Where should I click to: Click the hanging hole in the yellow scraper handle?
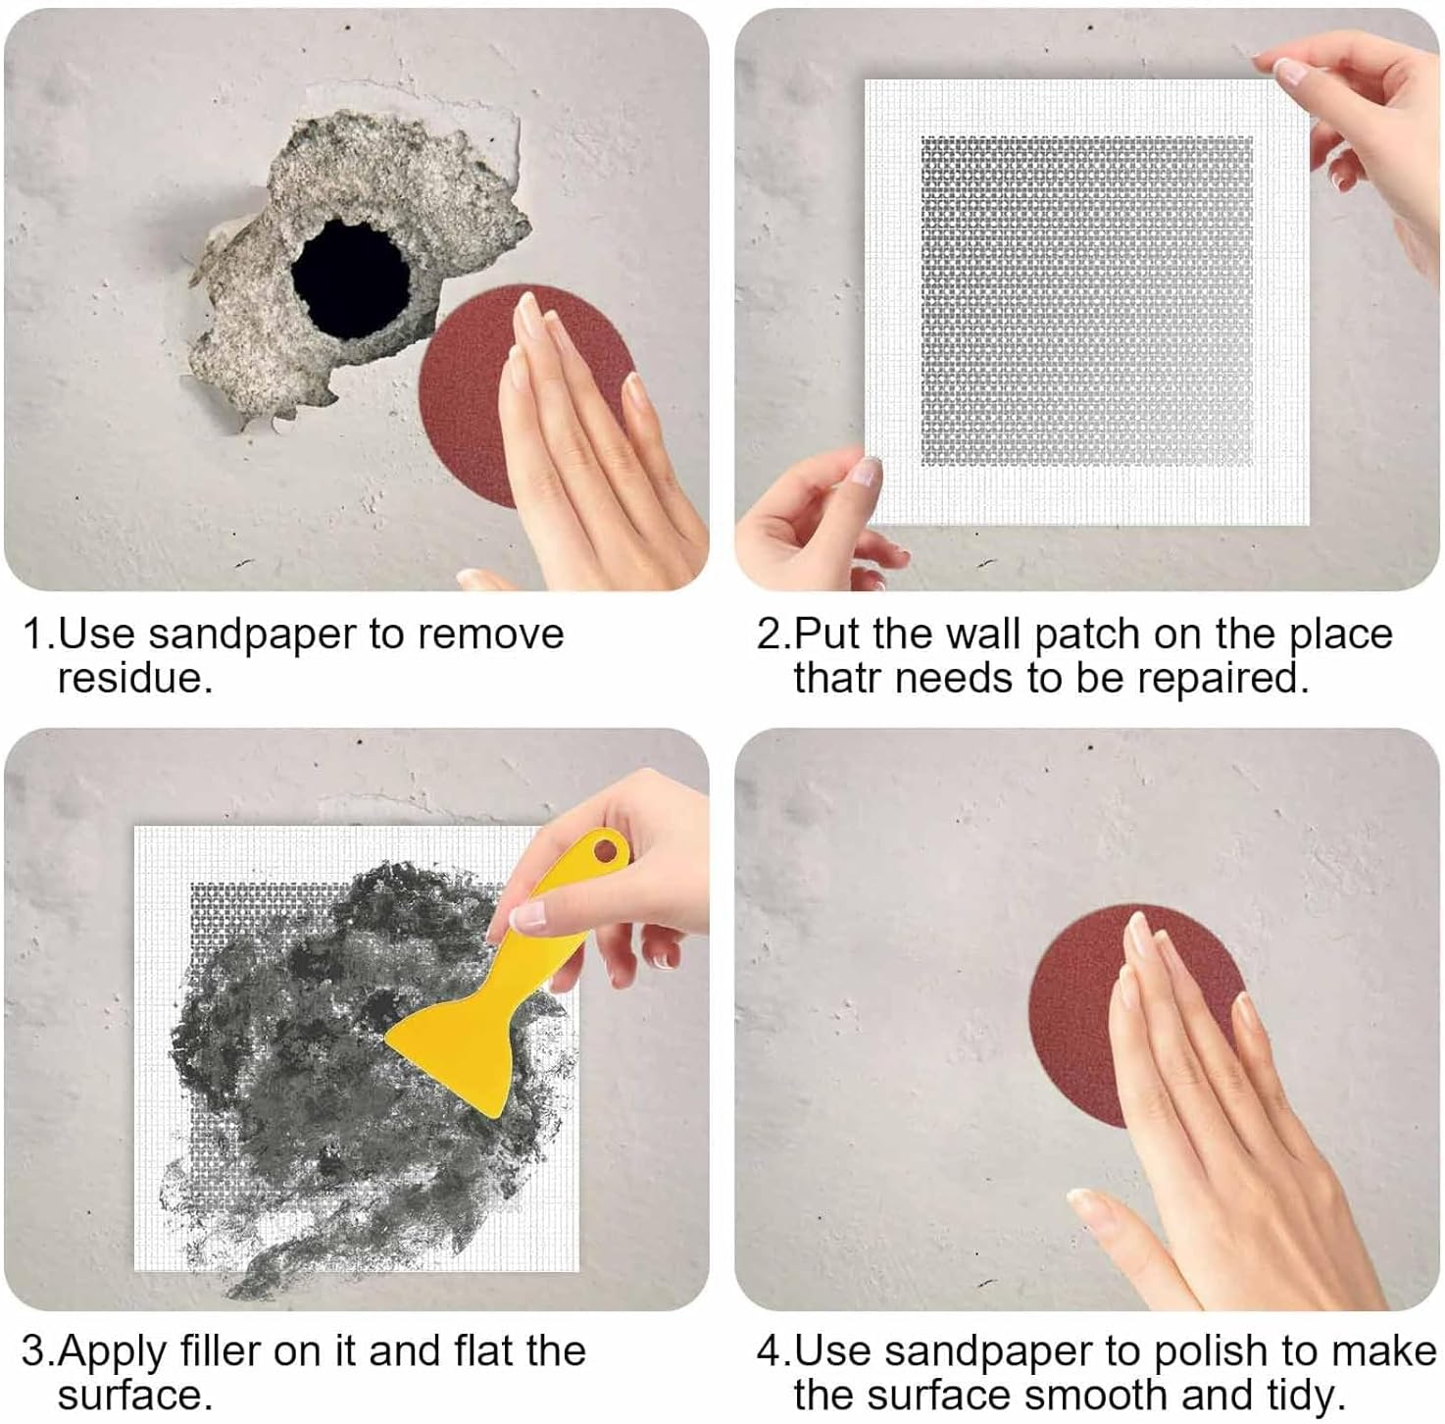click(608, 848)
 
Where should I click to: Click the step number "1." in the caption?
click(39, 635)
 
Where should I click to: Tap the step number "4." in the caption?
click(773, 1350)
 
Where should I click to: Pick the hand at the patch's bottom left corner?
click(814, 520)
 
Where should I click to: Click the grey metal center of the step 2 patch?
click(1086, 300)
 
